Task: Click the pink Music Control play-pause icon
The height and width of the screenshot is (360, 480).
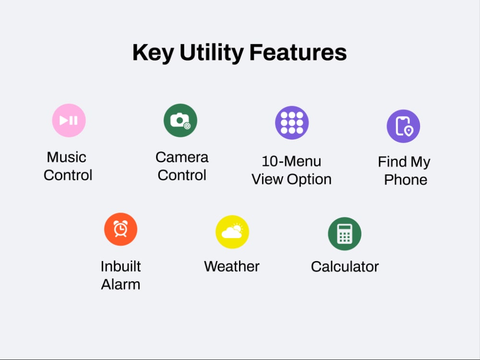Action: pyautogui.click(x=69, y=120)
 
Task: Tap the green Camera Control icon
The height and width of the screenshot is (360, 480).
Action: pyautogui.click(x=180, y=120)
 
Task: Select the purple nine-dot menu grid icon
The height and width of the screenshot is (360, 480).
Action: pyautogui.click(x=292, y=122)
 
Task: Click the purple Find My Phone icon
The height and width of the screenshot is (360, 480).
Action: pyautogui.click(x=404, y=126)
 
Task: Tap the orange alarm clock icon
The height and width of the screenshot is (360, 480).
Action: pyautogui.click(x=120, y=229)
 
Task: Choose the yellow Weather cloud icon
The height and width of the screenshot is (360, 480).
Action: pyautogui.click(x=232, y=232)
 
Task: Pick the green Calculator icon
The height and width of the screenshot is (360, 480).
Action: pyautogui.click(x=345, y=234)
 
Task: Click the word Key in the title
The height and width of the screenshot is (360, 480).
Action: pyautogui.click(x=153, y=53)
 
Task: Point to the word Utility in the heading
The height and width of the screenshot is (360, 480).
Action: pyautogui.click(x=211, y=53)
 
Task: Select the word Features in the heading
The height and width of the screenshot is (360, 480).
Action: pyautogui.click(x=298, y=53)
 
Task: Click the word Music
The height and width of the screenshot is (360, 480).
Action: pyautogui.click(x=66, y=157)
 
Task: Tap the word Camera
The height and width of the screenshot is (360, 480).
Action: pyautogui.click(x=182, y=157)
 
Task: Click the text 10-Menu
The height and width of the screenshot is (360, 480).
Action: pyautogui.click(x=291, y=161)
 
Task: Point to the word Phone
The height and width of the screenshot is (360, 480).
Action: pyautogui.click(x=406, y=180)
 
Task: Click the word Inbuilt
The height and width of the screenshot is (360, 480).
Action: pyautogui.click(x=120, y=266)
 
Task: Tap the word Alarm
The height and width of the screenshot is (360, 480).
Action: pyautogui.click(x=120, y=284)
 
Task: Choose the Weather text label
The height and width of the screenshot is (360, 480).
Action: pyautogui.click(x=232, y=266)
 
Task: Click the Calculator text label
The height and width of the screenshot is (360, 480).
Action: pyautogui.click(x=345, y=266)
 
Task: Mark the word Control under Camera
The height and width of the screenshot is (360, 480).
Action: pyautogui.click(x=182, y=175)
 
